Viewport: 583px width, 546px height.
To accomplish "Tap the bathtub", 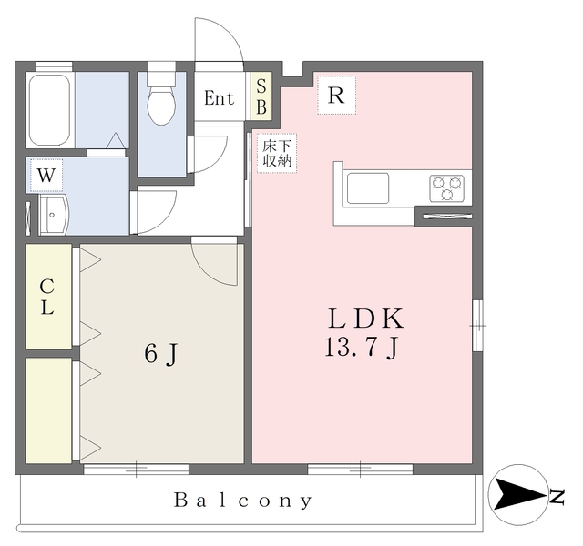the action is point(49,110).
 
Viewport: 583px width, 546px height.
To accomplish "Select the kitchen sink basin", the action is point(368,188).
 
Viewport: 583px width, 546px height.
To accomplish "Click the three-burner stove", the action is point(447,188).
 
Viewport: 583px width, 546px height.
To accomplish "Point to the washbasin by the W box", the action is point(54,215).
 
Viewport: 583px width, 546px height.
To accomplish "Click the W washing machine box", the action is point(46,176).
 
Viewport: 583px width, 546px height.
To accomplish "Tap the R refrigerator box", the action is point(336,95).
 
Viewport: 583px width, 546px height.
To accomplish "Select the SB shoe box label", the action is point(261,97).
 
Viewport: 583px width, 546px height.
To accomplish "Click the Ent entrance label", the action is point(220,98).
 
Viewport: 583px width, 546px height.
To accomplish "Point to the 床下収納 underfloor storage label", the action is point(277,153).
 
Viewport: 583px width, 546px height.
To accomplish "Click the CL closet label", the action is point(46,297).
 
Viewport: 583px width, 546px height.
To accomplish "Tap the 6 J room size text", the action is point(160,354).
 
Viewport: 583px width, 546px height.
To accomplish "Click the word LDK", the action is point(366,318).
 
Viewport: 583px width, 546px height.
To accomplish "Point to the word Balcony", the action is point(243,500).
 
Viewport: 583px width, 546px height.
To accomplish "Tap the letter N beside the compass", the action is point(557,497).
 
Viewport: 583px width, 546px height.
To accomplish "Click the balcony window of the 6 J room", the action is point(136,470).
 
